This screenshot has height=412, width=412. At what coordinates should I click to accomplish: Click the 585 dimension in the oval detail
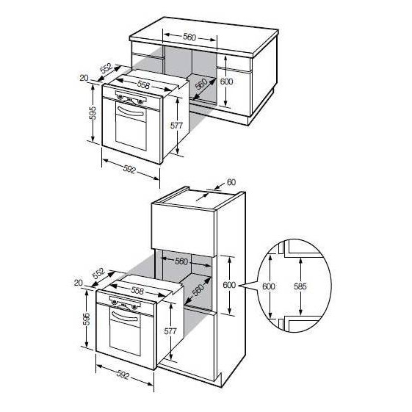300,286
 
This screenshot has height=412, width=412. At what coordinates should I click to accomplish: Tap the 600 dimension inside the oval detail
269,286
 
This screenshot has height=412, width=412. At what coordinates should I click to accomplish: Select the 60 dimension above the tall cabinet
231,182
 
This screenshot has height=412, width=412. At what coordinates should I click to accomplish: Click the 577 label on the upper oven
176,126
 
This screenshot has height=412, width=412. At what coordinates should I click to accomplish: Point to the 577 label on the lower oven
170,331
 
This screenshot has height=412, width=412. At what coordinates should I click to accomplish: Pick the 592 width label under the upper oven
129,170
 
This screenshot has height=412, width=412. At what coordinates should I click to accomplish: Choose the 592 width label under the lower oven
123,375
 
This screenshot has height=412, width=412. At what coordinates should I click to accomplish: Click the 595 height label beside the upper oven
93,113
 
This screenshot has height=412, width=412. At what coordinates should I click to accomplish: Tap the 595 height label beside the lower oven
86,319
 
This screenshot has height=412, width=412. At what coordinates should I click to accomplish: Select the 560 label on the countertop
189,37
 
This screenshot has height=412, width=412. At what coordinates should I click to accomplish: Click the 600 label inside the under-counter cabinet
226,82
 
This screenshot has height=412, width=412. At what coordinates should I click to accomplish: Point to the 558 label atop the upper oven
143,84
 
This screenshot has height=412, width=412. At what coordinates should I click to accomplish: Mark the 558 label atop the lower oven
137,290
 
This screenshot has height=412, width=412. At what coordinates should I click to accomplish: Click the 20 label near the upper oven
84,78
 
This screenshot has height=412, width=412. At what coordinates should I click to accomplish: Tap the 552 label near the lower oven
99,273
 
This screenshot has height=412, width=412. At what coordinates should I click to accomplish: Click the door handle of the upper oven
131,111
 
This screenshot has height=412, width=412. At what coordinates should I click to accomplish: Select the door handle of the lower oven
125,316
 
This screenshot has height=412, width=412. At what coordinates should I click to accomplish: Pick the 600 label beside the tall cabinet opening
229,284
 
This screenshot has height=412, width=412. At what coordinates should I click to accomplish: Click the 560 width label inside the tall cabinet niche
181,261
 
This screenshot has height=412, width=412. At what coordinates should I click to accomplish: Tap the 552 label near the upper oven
106,68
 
